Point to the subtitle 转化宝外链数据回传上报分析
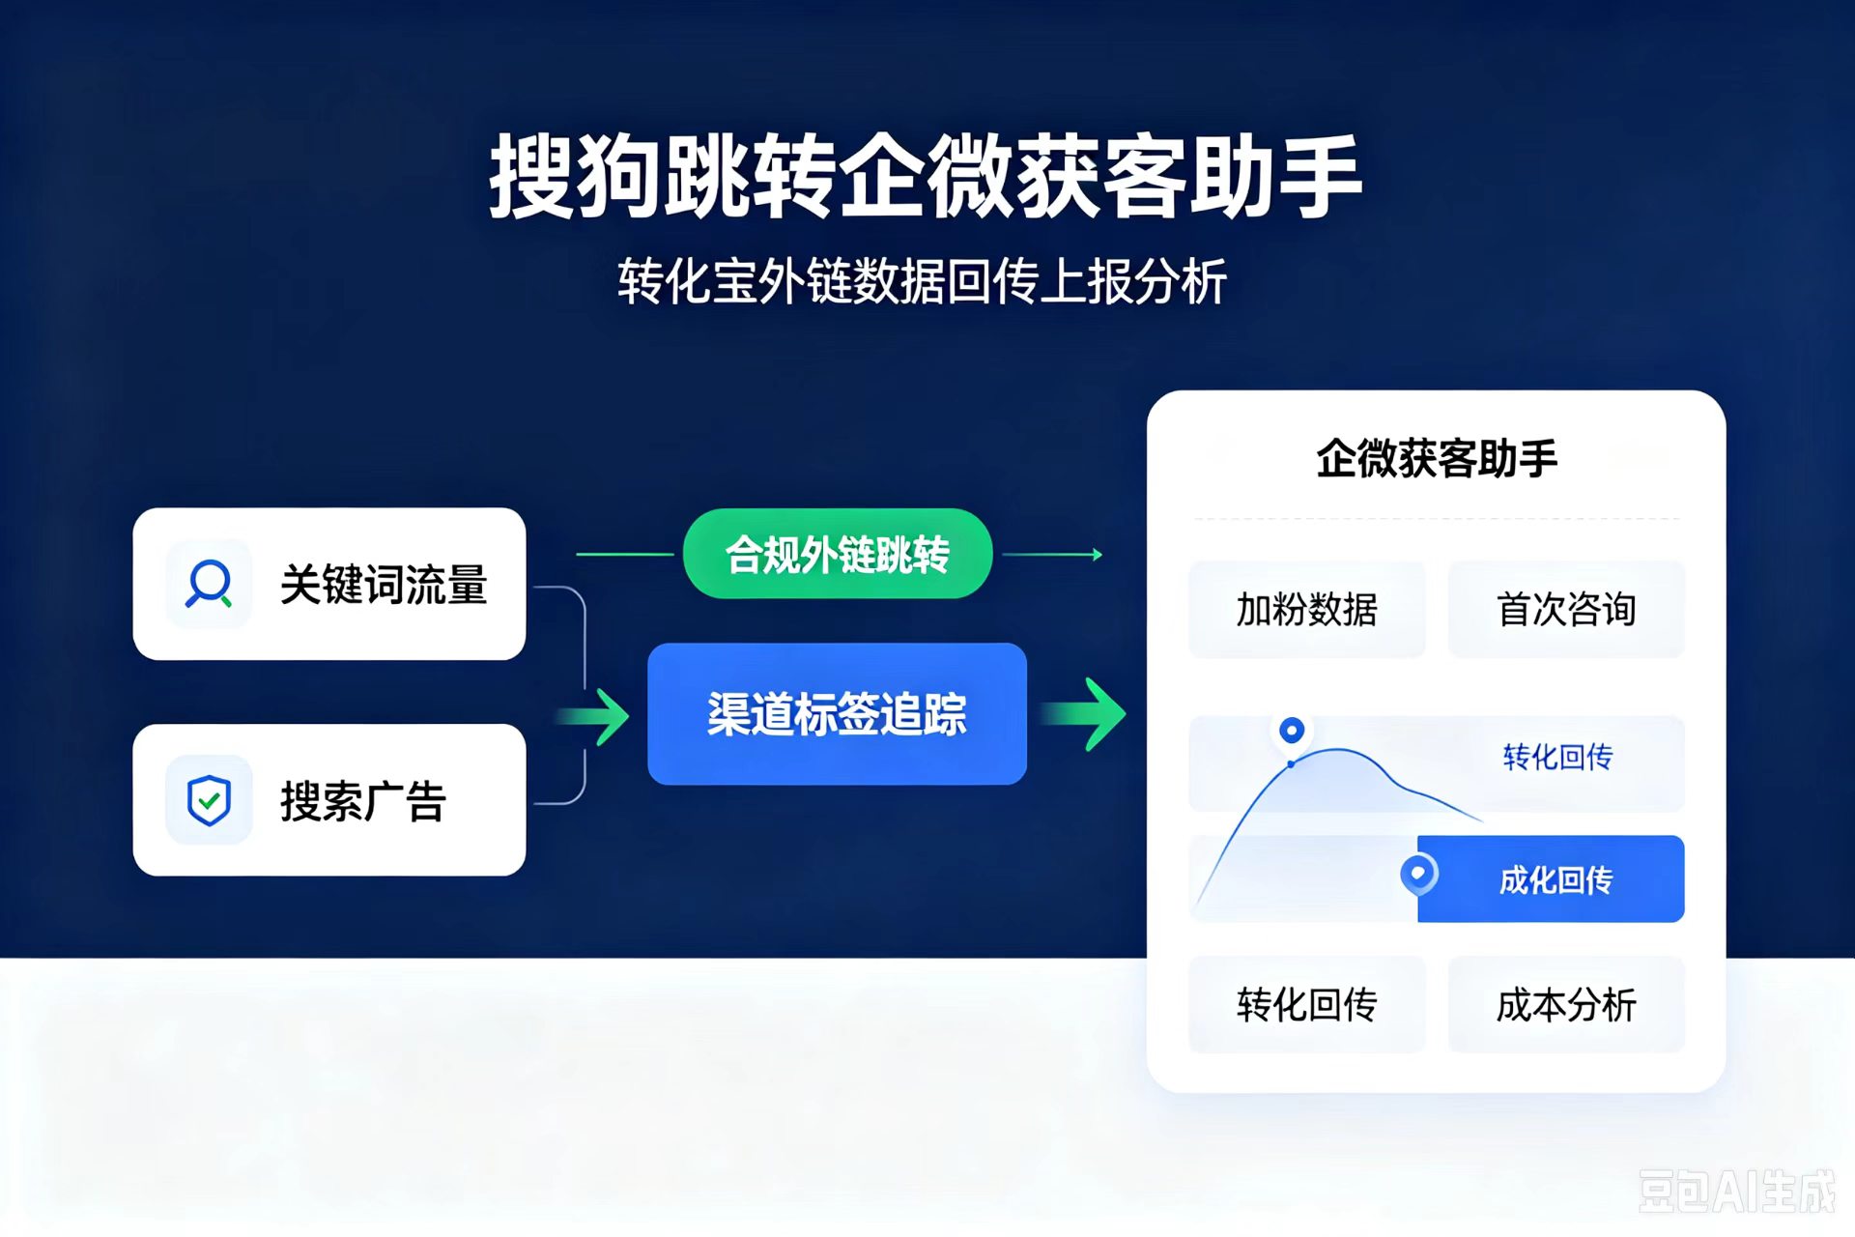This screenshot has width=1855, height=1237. coord(923,281)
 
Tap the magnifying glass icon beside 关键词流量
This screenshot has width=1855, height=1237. coord(209,584)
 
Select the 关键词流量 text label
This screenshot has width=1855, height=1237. coord(384,585)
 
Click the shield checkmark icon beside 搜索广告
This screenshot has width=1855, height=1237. coord(209,800)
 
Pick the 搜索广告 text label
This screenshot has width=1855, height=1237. coord(363,801)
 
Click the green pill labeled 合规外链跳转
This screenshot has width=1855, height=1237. coord(837,554)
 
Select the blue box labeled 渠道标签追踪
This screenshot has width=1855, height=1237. coord(837,714)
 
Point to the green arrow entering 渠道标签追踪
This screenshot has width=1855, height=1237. coord(592,716)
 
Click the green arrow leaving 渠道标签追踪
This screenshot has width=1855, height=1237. coord(1084,714)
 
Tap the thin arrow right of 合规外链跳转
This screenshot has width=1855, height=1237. coord(1052,555)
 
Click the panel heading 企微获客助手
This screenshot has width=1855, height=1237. coord(1437,458)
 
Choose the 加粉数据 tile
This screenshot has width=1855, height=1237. coord(1306,610)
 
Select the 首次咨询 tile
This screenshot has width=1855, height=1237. coord(1566,610)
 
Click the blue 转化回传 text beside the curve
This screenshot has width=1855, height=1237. coord(1557,757)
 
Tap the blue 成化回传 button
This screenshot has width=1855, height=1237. coord(1551,878)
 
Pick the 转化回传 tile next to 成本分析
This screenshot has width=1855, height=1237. coord(1306,1005)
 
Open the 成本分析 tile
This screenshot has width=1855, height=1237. coord(1566,1005)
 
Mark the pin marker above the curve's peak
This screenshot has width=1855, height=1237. coord(1292,732)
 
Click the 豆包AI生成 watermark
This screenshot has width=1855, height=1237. coord(1737,1191)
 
